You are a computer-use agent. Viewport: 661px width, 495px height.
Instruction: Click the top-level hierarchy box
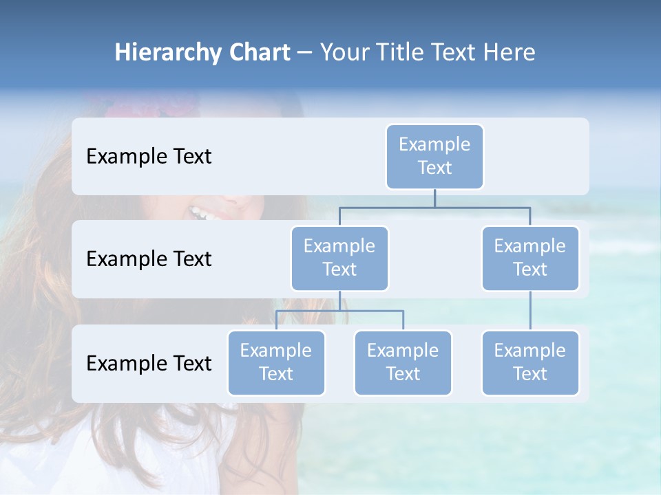coord(434,156)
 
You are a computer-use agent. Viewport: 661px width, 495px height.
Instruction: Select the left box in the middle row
coord(339,258)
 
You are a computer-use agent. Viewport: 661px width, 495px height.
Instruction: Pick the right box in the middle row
coord(530,258)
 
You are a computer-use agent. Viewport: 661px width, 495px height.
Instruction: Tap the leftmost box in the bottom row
coord(276,362)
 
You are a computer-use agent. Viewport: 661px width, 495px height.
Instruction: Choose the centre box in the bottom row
coord(403,362)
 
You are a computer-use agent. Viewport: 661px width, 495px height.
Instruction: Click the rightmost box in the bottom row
coord(530,362)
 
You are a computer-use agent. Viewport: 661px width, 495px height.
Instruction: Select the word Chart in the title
coord(255,52)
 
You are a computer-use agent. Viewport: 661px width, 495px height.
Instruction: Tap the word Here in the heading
coord(509,52)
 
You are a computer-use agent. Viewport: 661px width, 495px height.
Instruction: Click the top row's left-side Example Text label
coord(149,157)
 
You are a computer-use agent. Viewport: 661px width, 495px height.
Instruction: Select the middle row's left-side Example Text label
coord(149,259)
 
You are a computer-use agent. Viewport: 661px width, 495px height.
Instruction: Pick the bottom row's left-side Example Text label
coord(149,363)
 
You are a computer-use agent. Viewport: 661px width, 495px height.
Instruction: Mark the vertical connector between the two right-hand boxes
coord(530,310)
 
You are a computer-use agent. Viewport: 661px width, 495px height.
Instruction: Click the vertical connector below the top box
coord(434,198)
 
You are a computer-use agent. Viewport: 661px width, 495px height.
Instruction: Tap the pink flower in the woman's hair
coord(131,107)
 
